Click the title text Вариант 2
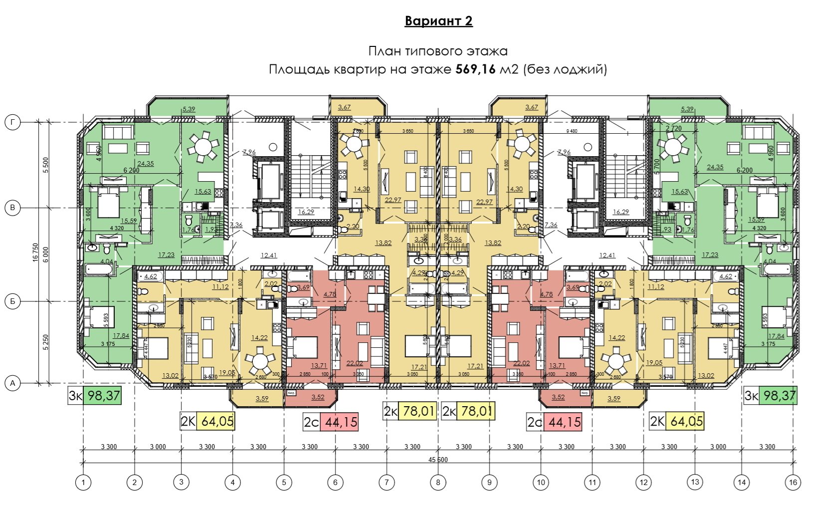coord(438,21)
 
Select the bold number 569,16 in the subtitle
coord(475,69)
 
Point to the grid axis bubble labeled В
coord(12,208)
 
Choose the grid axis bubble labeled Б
coord(12,301)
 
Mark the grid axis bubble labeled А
coord(12,383)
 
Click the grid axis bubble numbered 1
coord(83,482)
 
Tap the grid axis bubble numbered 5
coord(284,482)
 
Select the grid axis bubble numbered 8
coord(438,482)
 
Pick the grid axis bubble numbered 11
coord(592,482)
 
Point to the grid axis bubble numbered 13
coord(695,482)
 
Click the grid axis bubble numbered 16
coord(793,482)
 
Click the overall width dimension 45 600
coord(438,460)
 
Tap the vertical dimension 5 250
coord(46,342)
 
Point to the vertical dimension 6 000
coord(46,254)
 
